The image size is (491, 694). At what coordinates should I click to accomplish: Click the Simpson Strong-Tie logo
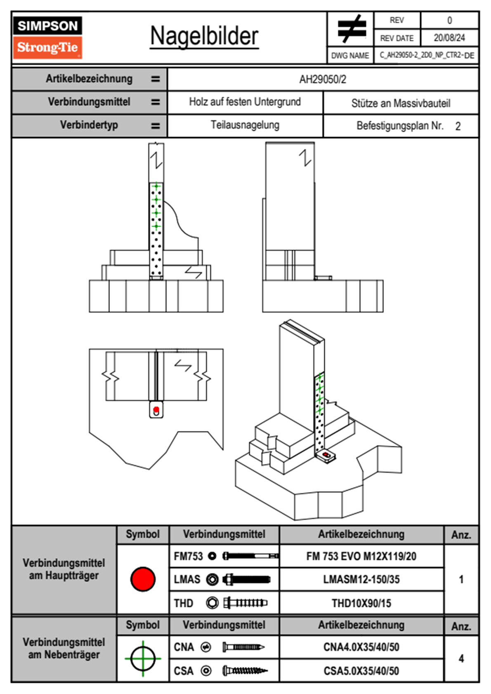point(47,37)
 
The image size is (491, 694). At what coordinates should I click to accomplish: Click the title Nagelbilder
point(204,36)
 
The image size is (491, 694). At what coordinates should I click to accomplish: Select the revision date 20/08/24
point(449,38)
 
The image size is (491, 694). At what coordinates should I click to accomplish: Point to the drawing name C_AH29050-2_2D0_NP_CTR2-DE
point(427,55)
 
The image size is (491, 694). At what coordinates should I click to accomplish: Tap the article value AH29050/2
point(323,79)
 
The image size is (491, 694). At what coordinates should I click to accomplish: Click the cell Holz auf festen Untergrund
point(245,102)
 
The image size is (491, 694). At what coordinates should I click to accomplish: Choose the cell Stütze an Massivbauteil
point(401,103)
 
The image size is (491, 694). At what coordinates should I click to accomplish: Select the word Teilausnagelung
point(245,125)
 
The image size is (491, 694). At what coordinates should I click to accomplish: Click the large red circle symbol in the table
point(143,579)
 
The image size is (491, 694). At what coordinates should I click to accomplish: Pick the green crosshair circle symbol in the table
point(143,659)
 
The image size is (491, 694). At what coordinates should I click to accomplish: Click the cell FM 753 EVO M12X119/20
point(361,556)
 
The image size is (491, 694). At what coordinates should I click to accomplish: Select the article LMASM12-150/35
point(361,579)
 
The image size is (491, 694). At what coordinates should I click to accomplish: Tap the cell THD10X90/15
point(361,603)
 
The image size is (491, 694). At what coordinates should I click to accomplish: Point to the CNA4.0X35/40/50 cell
point(361,647)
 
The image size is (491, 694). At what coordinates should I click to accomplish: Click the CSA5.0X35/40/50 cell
point(361,671)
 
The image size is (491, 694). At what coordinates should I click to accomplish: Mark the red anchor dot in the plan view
point(156,410)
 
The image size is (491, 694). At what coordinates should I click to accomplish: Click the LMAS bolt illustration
point(246,580)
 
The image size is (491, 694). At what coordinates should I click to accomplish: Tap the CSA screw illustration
point(244,671)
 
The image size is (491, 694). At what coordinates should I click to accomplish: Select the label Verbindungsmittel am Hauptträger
point(64,569)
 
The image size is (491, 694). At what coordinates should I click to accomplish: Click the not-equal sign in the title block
point(351,29)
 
